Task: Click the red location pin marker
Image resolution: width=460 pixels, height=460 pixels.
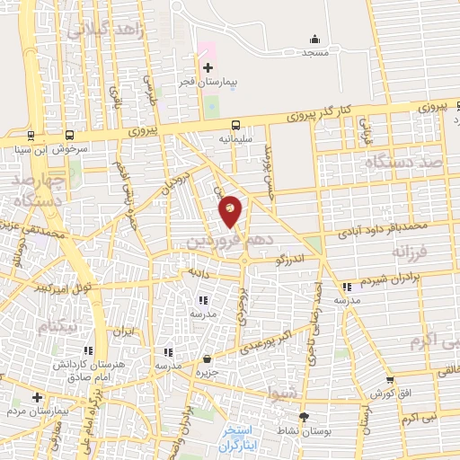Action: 231,210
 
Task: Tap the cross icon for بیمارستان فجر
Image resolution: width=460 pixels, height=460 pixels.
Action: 208,67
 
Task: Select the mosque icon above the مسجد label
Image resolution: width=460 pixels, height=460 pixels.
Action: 314,38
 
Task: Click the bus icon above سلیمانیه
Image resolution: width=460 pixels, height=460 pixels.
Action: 235,126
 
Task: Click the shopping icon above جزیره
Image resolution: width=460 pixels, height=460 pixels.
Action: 208,358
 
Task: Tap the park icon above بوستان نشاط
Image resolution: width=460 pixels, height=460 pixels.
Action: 304,417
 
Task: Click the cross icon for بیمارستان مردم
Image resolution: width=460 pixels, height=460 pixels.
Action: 36,396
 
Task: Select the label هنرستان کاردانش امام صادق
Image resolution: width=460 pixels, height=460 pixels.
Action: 86,370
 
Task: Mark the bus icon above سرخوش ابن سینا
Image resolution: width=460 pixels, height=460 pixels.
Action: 31,137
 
